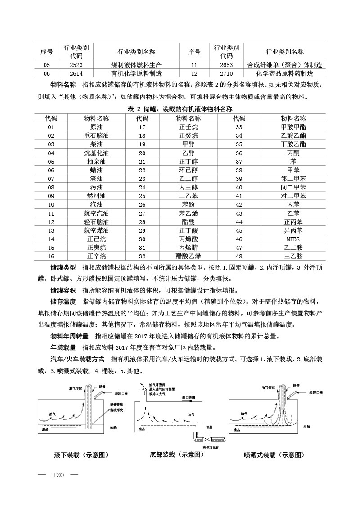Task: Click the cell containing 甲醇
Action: (x=188, y=144)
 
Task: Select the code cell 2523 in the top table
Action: (x=76, y=65)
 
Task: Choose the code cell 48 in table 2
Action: (x=239, y=256)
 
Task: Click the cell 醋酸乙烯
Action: (x=188, y=256)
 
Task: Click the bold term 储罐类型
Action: (x=63, y=267)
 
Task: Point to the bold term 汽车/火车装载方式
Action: (x=77, y=360)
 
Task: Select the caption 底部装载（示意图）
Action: (x=177, y=455)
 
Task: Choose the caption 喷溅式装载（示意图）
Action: (x=272, y=455)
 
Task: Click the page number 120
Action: (x=59, y=476)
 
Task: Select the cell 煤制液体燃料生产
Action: (x=136, y=65)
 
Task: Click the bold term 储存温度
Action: (x=63, y=301)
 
